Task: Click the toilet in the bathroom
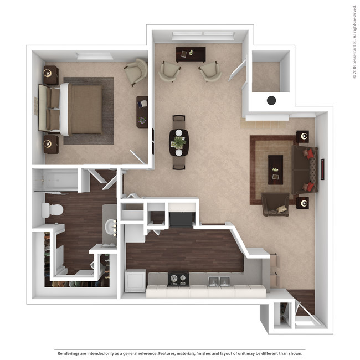click(x=53, y=210)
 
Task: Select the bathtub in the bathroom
click(x=55, y=180)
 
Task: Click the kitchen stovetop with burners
click(x=178, y=279)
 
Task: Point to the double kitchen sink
click(x=219, y=281)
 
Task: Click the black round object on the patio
click(x=271, y=100)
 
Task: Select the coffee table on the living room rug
click(x=275, y=170)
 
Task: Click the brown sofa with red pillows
click(x=305, y=169)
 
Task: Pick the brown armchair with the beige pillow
click(x=275, y=204)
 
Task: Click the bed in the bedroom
click(x=70, y=109)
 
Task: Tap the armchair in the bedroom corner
click(x=136, y=71)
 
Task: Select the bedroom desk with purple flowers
click(x=142, y=112)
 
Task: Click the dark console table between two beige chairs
click(x=191, y=55)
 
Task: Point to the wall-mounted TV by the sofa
click(x=322, y=169)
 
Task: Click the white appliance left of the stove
click(x=136, y=281)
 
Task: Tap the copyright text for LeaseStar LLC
click(x=354, y=42)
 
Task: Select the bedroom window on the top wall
click(x=95, y=56)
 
